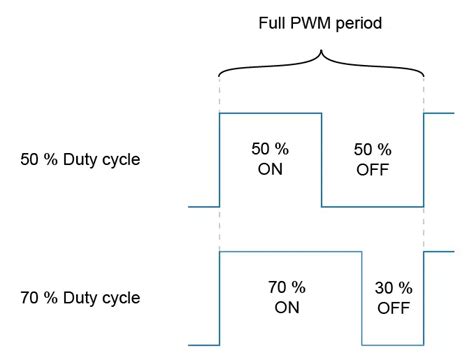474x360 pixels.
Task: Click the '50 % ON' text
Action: point(270,159)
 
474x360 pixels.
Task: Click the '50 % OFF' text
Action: point(372,159)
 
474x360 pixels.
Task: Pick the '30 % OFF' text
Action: point(393,297)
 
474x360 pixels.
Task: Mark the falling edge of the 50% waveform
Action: point(321,160)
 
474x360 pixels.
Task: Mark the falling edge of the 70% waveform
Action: point(362,297)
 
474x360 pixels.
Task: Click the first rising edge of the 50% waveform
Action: point(219,160)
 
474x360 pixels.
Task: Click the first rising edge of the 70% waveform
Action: point(219,297)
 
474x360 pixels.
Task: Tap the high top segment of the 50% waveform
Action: point(270,113)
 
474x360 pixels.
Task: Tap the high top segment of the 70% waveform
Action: point(290,251)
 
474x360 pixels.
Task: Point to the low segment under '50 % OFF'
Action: point(372,206)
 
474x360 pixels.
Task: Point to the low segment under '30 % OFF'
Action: point(393,344)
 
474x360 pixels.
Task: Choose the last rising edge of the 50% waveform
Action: point(424,160)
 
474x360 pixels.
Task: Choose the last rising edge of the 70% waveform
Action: point(424,297)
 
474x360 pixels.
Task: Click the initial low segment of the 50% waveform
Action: point(203,206)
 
